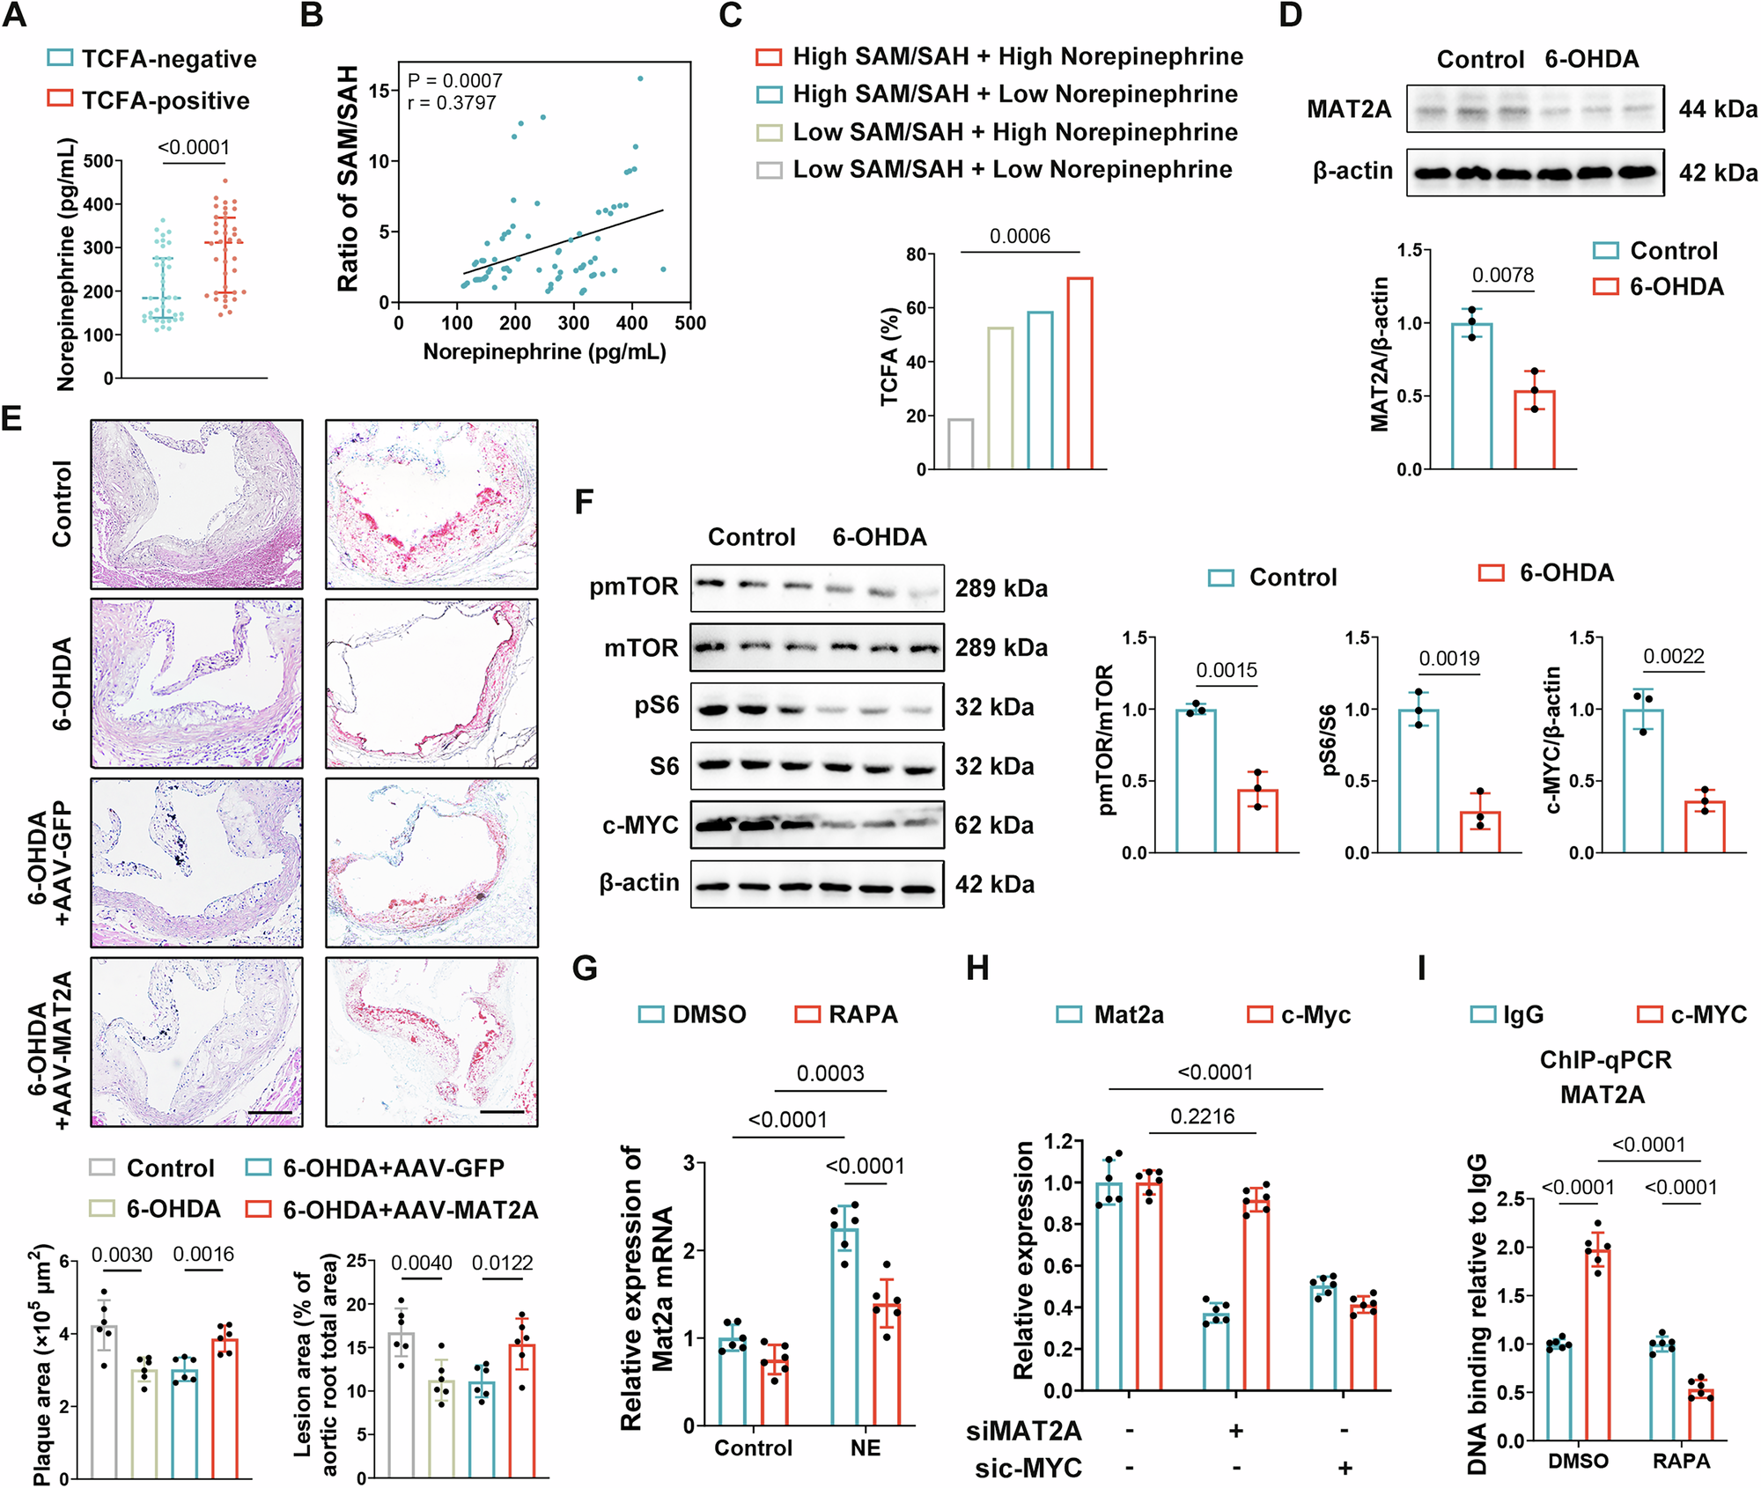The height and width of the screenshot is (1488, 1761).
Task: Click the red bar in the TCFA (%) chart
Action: [x=1079, y=373]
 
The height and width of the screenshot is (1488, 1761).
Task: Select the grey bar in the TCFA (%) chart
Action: [x=961, y=444]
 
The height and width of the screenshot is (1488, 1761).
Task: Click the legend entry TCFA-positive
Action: [x=165, y=100]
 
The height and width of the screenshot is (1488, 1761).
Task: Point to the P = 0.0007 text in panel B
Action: [x=454, y=80]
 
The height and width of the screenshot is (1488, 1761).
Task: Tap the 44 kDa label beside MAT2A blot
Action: [x=1717, y=109]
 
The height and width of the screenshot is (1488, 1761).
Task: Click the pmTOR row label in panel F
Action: [x=634, y=586]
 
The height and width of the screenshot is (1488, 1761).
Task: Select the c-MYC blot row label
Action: [x=640, y=825]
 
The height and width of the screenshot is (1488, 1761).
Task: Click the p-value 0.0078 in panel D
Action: [x=1502, y=275]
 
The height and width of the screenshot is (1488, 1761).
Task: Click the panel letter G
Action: [x=585, y=969]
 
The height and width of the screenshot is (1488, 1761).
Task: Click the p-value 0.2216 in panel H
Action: [x=1202, y=1116]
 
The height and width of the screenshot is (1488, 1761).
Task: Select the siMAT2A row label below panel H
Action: [x=1023, y=1431]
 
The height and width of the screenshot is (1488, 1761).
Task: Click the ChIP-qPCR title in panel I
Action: [x=1604, y=1059]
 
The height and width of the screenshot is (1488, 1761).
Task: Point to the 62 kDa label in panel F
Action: [x=994, y=825]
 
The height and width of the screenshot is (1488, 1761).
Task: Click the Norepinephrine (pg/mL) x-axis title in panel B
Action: [x=544, y=352]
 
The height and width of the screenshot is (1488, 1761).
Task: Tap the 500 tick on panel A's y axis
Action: [x=98, y=161]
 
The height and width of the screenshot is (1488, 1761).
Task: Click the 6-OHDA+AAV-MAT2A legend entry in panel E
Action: [x=409, y=1210]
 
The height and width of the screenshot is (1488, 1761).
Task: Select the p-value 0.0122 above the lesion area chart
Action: [x=502, y=1263]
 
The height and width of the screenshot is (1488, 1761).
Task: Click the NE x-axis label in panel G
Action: [x=865, y=1447]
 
